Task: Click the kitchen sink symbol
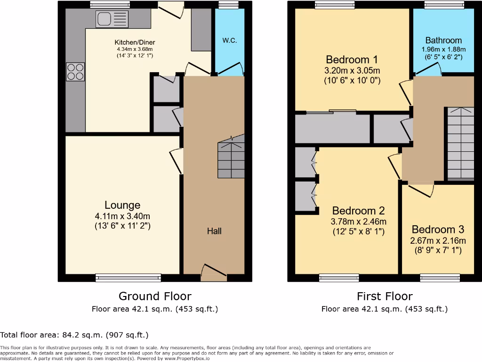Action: point(112,19)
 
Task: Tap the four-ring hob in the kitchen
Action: point(75,72)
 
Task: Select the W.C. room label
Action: point(229,40)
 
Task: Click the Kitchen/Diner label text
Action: point(134,42)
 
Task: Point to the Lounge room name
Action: point(122,205)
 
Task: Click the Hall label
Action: point(214,231)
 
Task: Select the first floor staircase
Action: point(460,144)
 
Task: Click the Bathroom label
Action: point(443,41)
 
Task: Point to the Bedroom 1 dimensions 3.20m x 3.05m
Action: point(353,71)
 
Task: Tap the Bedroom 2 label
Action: point(359,211)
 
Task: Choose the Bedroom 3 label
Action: point(438,230)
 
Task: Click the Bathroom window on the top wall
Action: point(443,5)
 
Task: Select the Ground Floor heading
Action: point(155,296)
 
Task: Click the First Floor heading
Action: point(385,296)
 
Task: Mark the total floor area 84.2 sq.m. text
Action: point(74,335)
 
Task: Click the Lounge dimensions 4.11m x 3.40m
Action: point(122,216)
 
